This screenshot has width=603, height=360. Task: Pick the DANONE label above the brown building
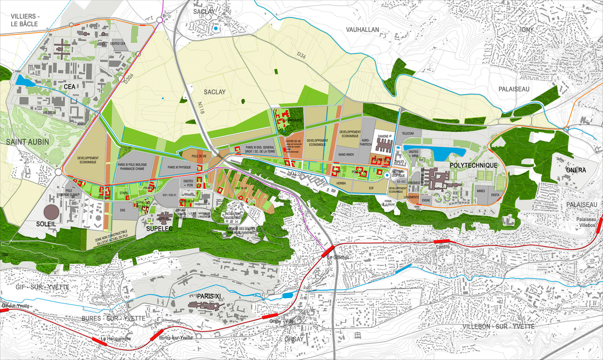pyautogui.click(x=383, y=136)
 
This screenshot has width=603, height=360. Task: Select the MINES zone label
pyautogui.click(x=481, y=191)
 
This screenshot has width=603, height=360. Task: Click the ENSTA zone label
pyautogui.click(x=496, y=195)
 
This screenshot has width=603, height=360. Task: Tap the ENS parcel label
pyautogui.click(x=122, y=210)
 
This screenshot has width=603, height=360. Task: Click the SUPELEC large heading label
pyautogui.click(x=157, y=228)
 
